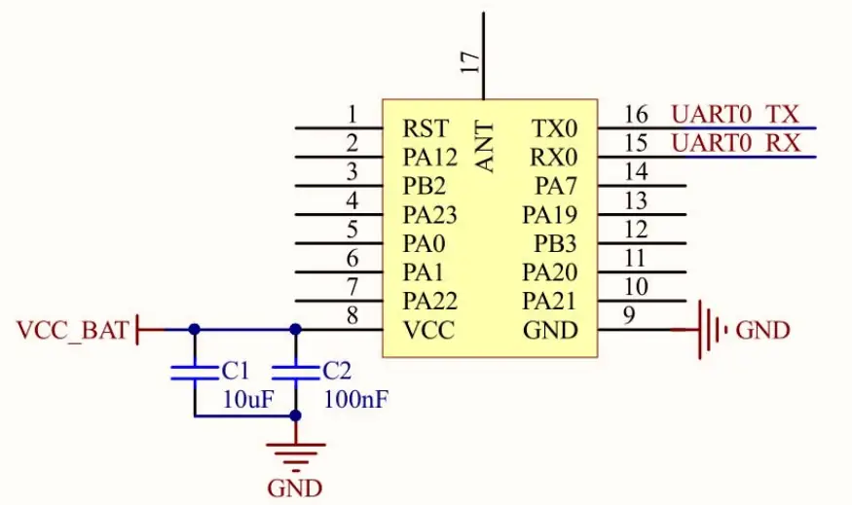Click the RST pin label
426,128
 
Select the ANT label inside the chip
484,147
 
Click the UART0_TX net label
734,114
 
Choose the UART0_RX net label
735,144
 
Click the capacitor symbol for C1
194,371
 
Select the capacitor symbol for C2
295,371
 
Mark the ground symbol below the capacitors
295,452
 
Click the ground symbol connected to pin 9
713,330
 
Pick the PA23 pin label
429,214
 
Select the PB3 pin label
555,243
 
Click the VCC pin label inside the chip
428,330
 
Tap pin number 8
352,316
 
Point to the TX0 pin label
554,128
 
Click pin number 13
636,201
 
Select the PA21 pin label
550,301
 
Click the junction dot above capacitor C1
194,330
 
